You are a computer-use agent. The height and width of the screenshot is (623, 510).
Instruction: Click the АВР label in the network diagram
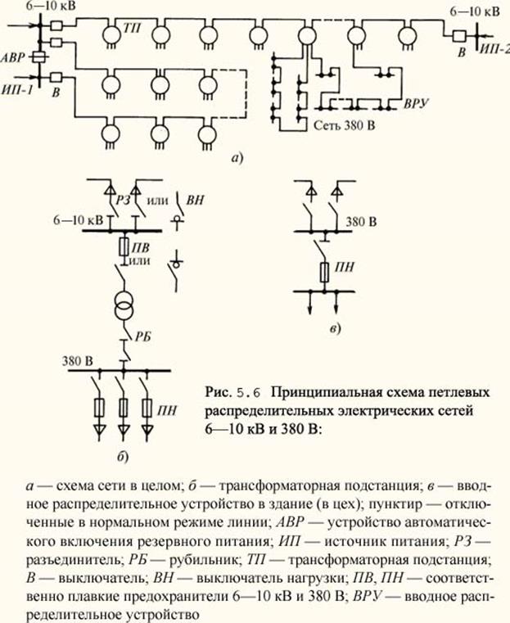[x=14, y=57]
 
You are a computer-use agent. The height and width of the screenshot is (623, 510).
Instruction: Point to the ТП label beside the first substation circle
[x=133, y=26]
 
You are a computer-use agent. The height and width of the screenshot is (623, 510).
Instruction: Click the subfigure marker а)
[x=238, y=158]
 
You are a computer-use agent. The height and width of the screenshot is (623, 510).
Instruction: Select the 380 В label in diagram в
[x=361, y=223]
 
